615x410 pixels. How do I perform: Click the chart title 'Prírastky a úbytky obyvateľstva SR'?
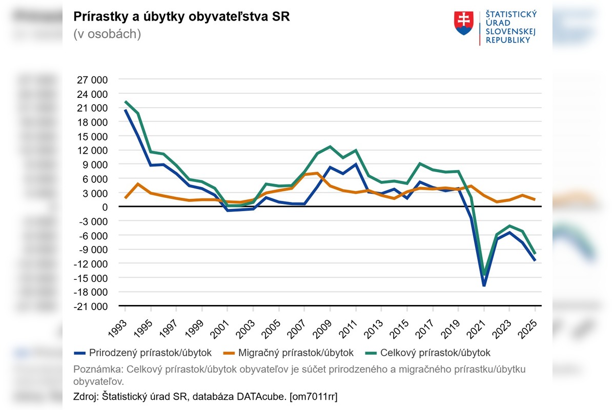(181, 16)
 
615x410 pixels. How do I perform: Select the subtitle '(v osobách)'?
(107, 34)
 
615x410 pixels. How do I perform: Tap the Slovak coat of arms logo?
(463, 23)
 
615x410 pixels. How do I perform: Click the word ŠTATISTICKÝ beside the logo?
(511, 14)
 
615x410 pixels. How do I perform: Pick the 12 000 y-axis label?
(92, 150)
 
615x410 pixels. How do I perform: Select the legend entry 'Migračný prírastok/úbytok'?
(296, 353)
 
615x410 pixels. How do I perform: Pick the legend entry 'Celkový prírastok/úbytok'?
(435, 353)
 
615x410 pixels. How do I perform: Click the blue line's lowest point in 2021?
(484, 285)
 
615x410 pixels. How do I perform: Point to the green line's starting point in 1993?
(125, 101)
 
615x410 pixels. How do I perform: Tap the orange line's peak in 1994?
(138, 183)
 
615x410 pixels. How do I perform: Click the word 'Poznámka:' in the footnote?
(98, 369)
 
